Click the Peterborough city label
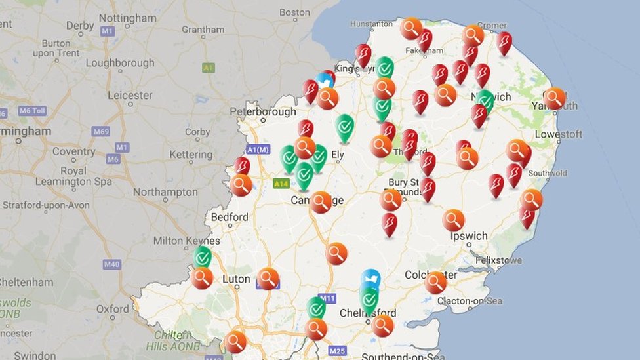pos(262,112)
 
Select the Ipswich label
pos(469,236)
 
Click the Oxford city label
pos(113,308)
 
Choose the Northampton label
pos(165,192)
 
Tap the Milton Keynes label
pos(186,241)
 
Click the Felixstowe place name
pos(499,260)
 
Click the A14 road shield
pos(281,184)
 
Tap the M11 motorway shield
pos(327,298)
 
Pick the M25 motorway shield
pos(337,351)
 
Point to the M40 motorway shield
pos(111,264)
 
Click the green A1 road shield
pos(209,68)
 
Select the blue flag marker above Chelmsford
pos(370,279)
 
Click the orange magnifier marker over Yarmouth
pos(554,98)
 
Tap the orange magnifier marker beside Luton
pos(268,277)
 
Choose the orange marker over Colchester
pos(435,282)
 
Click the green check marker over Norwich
pos(485,100)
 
